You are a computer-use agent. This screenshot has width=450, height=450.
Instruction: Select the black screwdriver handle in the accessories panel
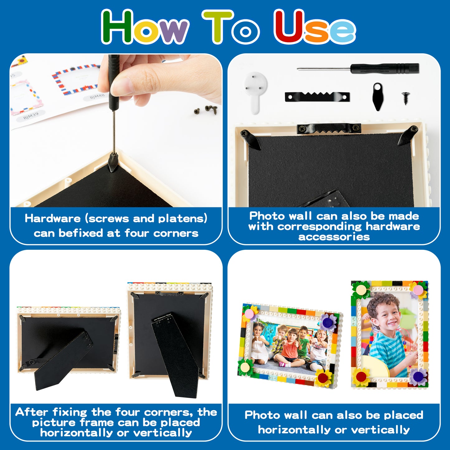pyautogui.click(x=384, y=69)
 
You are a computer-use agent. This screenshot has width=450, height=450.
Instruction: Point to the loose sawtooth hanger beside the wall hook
pyautogui.click(x=317, y=97)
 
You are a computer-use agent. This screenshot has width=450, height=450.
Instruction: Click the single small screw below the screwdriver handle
pyautogui.click(x=406, y=98)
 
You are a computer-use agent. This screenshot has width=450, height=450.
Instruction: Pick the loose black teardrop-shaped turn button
pyautogui.click(x=378, y=97)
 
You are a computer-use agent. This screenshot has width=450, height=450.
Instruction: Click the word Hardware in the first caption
pyautogui.click(x=53, y=218)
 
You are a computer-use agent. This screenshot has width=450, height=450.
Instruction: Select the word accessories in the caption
pyautogui.click(x=334, y=237)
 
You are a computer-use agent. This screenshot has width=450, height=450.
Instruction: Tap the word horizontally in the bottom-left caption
pyautogui.click(x=76, y=433)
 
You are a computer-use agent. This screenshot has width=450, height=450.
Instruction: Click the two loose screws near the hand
pyautogui.click(x=206, y=109)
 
